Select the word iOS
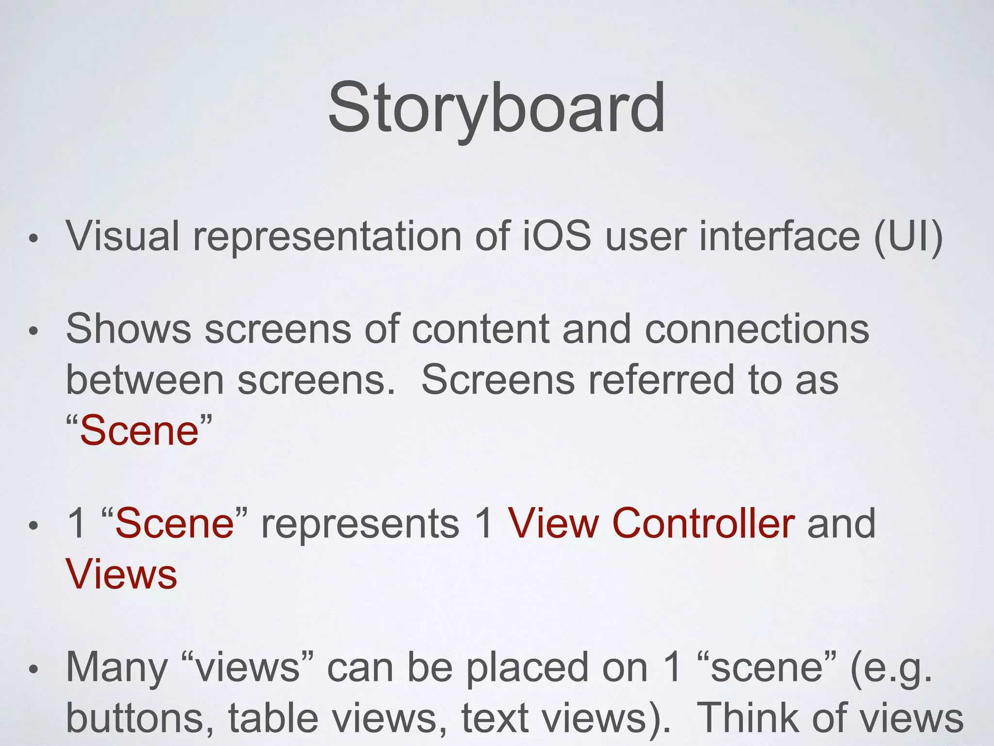pos(557,237)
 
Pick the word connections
pos(757,329)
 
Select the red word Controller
pos(703,524)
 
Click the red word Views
pos(121,575)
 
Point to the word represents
pos(360,524)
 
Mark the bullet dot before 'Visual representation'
pos(33,239)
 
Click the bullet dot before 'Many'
pos(33,671)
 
